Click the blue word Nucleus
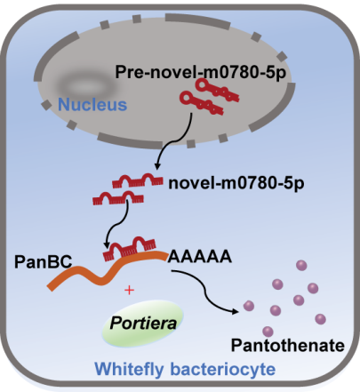(92, 105)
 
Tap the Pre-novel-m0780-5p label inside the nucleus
(201, 72)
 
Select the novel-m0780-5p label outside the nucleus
(236, 183)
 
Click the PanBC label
(44, 261)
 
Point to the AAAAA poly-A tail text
(200, 256)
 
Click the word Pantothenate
(288, 345)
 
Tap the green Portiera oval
(143, 323)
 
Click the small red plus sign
(129, 290)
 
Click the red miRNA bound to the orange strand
(129, 249)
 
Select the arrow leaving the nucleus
(178, 141)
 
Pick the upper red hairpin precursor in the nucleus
(217, 91)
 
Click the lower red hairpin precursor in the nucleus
(202, 103)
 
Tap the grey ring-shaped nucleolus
(85, 86)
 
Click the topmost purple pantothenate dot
(301, 265)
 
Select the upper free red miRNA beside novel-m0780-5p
(138, 180)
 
